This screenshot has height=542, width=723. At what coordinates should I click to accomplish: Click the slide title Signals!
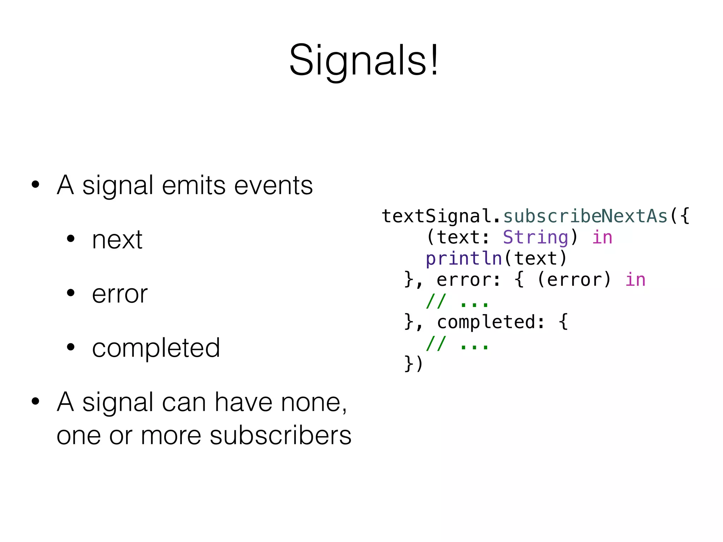point(364,60)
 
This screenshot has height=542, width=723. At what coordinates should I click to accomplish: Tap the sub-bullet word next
point(117,240)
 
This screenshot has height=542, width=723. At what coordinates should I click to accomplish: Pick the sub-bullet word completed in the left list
point(156,348)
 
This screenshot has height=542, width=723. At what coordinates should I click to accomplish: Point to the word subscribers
point(281,435)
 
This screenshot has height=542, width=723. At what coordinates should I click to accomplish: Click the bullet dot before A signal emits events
point(35,185)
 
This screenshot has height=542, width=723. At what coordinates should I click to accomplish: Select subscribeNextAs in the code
point(585,216)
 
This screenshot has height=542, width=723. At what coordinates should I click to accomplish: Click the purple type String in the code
point(535,237)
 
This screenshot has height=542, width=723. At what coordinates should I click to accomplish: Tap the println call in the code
point(464,258)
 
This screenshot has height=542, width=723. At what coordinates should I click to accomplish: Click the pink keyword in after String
point(602,237)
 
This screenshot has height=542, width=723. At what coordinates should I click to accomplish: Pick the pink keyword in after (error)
point(635,279)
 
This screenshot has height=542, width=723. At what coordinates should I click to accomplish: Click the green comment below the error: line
point(457,302)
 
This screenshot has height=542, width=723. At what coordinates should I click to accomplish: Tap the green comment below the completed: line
point(457,344)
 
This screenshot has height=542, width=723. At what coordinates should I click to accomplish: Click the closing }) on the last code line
point(413,363)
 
